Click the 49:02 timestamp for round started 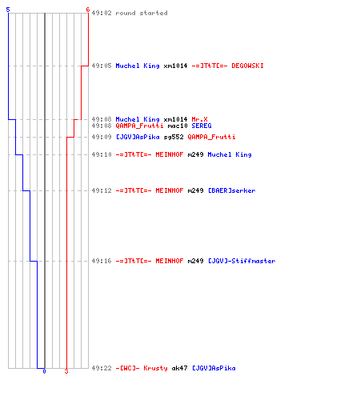click(102, 13)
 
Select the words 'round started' click(142, 13)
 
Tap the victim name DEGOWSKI click(247, 66)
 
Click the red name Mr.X click(199, 119)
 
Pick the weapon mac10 click(178, 126)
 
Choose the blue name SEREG click(202, 126)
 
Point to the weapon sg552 click(174, 137)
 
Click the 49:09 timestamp click(102, 137)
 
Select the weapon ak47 click(179, 368)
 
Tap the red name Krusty click(155, 368)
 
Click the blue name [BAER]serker click(231, 190)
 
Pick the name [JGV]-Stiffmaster click(242, 261)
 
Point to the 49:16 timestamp click(102, 261)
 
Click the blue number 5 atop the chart click(8, 10)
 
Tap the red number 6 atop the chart click(88, 10)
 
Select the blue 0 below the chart click(44, 371)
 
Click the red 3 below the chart click(66, 371)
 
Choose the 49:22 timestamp click(102, 368)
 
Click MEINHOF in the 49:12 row click(170, 190)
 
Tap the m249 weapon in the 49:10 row click(195, 154)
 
